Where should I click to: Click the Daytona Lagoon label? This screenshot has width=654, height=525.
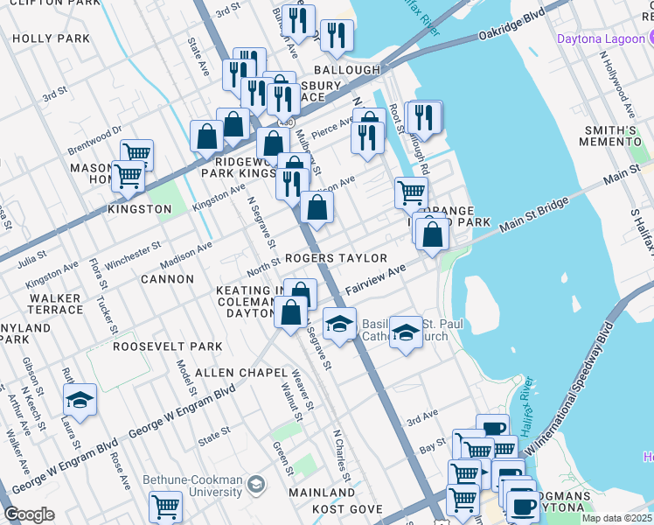599,39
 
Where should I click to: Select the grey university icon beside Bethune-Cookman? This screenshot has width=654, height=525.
256,483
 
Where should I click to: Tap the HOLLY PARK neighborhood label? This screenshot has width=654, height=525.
52,38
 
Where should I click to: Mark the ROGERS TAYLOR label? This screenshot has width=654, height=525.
335,258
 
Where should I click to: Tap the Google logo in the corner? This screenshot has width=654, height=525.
29,514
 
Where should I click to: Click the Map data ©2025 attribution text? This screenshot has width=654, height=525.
617,518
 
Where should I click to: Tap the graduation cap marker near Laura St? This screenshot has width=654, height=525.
80,400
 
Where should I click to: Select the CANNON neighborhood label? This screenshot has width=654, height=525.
167,279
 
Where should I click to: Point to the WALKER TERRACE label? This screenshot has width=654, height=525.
56,304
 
